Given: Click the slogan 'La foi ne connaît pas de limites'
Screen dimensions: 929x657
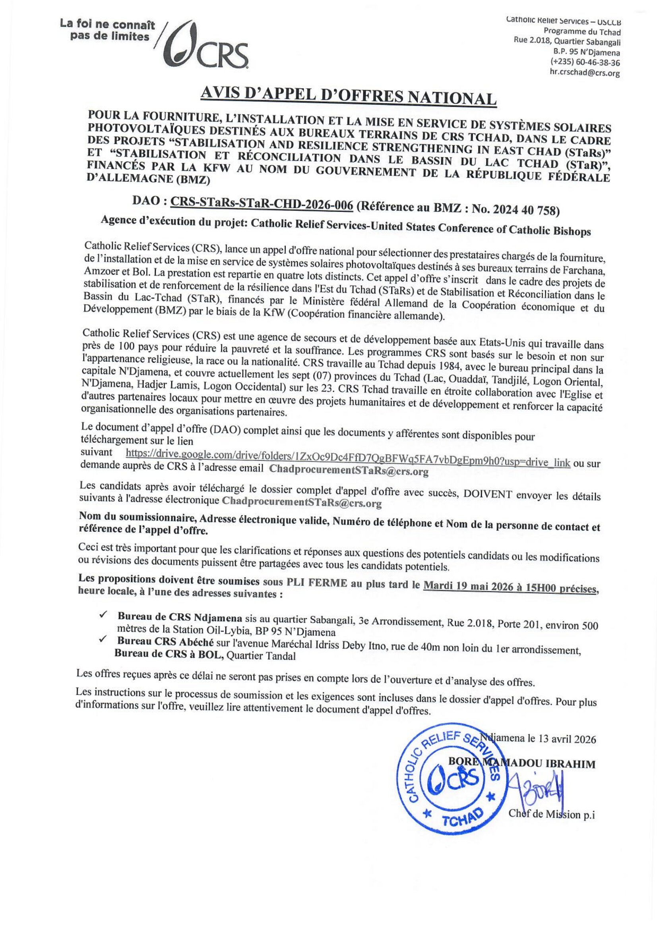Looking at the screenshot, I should [108, 31].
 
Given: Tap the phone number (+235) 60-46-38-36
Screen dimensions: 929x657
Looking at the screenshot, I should [585, 63].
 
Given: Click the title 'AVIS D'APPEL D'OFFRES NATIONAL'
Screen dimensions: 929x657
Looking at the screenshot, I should [348, 97].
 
